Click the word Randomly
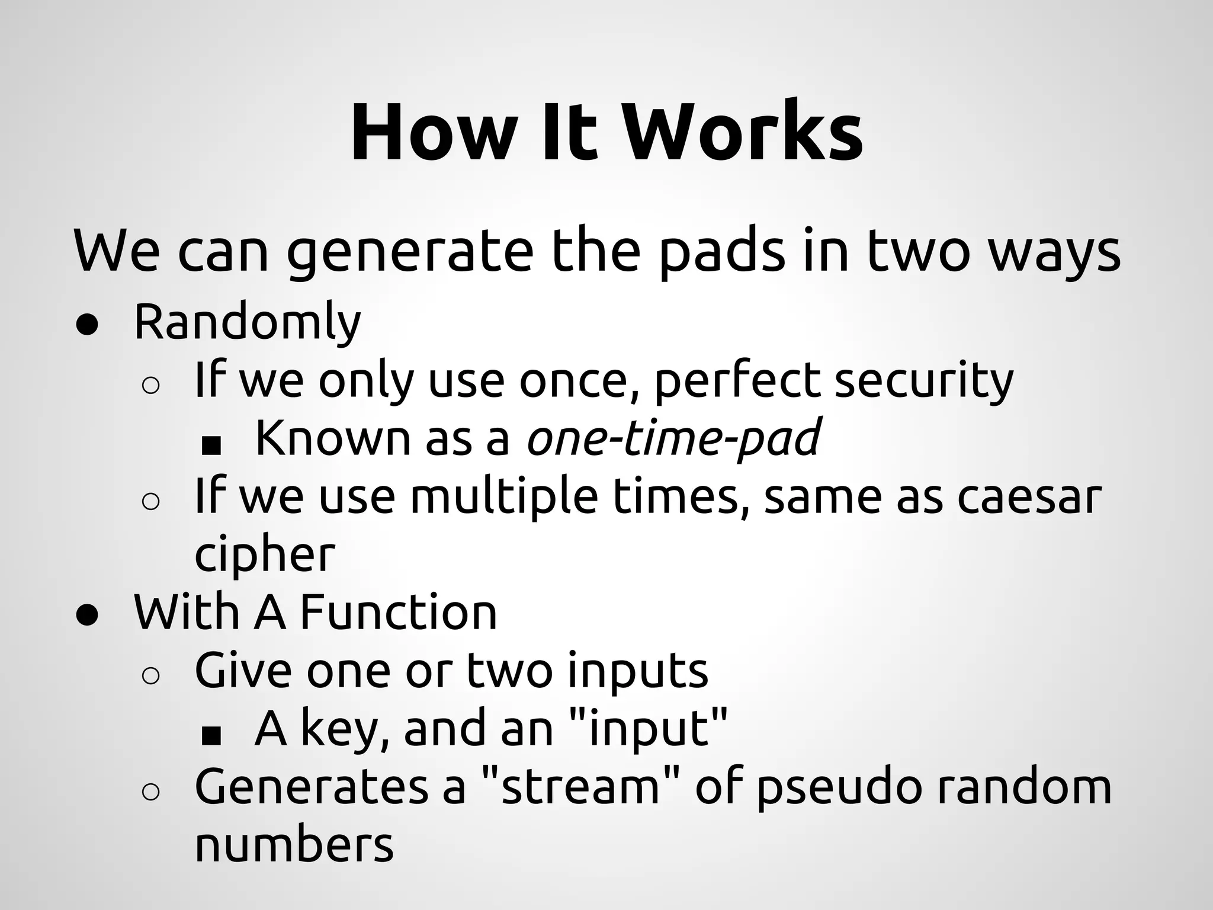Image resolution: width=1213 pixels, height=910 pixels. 247,323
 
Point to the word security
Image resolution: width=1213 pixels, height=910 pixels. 924,381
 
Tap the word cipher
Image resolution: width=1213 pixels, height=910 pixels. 265,555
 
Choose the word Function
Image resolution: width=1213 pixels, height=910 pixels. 399,612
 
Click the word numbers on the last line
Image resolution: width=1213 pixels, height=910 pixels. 294,844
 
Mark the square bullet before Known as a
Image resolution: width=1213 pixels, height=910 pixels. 211,446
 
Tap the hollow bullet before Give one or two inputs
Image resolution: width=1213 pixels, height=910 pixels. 151,676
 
